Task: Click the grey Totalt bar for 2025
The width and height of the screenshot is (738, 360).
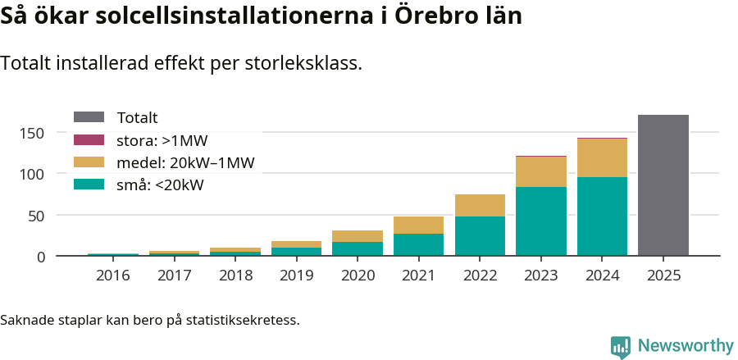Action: point(663,185)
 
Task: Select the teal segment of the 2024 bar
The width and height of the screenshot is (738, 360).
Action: point(602,216)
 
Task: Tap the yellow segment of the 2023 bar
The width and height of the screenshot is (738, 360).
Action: point(540,171)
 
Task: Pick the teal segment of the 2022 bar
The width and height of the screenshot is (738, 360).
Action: point(480,236)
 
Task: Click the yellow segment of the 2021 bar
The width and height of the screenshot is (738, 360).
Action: point(418,225)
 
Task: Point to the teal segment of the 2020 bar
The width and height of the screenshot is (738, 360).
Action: point(357,248)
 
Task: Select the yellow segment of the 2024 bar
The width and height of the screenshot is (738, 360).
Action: point(602,157)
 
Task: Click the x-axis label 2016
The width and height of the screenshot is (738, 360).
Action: point(112,276)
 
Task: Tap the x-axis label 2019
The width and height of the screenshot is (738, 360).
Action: point(296,276)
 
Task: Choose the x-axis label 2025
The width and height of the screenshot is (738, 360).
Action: point(663,276)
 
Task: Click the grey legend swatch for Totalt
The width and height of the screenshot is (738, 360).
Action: point(89,117)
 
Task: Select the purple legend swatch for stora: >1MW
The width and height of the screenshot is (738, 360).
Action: point(89,139)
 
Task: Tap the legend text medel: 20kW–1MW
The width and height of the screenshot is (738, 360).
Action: point(186,162)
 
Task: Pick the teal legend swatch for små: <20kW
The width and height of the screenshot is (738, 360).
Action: point(89,185)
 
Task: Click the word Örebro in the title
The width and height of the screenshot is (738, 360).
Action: point(433,16)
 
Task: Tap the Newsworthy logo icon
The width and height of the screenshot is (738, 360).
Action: point(621,346)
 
